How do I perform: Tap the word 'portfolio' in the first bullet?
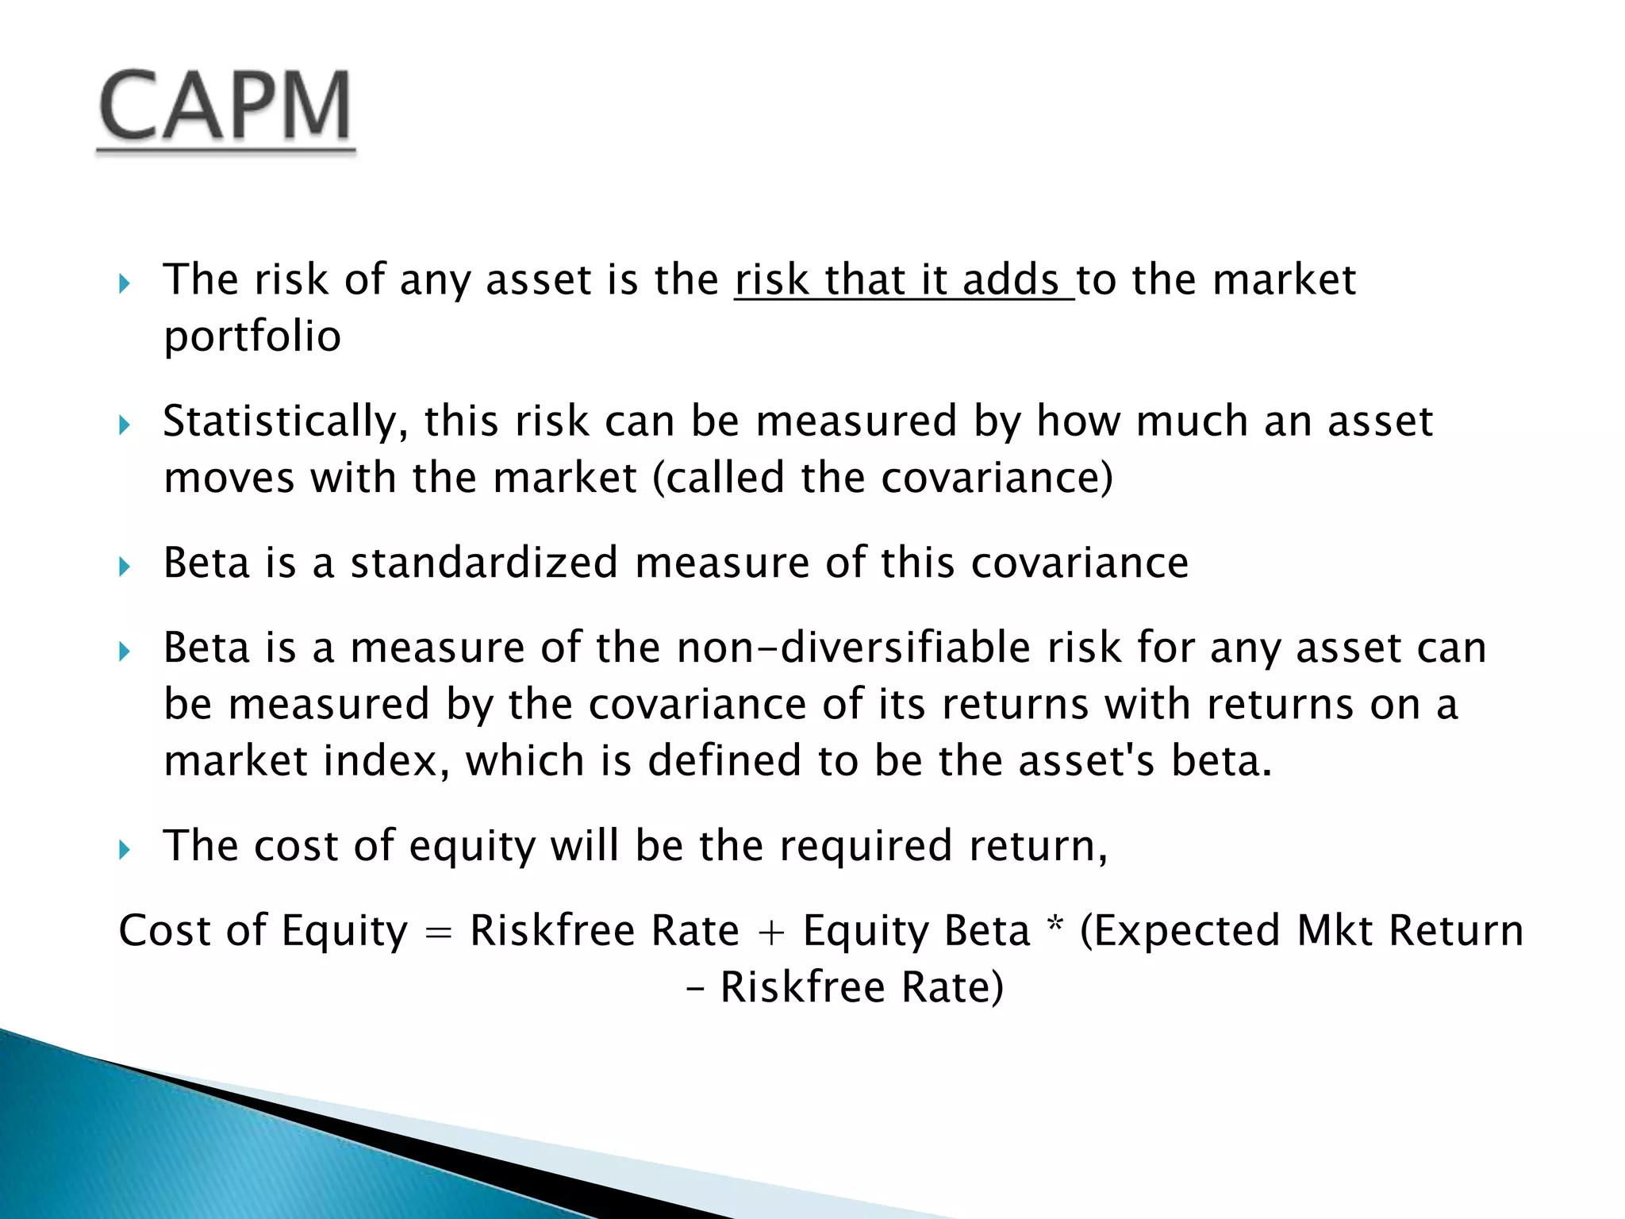click(252, 336)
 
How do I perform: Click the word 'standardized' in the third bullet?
click(484, 563)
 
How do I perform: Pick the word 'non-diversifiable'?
click(853, 648)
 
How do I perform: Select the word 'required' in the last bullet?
click(865, 845)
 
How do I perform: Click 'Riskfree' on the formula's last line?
click(802, 987)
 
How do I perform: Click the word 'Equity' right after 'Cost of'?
click(344, 932)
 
